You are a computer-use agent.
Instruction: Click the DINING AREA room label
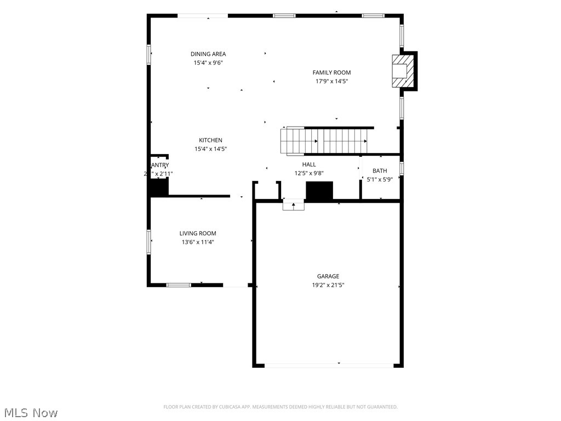coord(208,54)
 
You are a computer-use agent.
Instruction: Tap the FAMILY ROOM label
coord(331,72)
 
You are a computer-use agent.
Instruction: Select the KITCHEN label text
coord(210,140)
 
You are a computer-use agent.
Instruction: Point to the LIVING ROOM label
coord(198,233)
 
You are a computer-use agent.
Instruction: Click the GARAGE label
coord(328,276)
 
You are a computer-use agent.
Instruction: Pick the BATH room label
coord(380,171)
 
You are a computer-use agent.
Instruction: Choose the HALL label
coord(309,164)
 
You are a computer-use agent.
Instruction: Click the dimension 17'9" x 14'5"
coord(331,81)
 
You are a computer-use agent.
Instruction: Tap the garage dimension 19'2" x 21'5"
coord(328,285)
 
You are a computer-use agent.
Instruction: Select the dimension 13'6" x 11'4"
coord(198,242)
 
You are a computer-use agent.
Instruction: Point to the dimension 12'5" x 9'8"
coord(309,173)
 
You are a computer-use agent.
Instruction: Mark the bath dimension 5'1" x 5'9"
coord(380,179)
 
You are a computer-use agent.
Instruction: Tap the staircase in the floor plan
coord(325,141)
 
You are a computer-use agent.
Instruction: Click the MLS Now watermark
coord(30,412)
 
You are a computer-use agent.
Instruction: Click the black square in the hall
coord(319,191)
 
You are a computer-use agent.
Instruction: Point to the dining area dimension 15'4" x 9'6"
coord(208,62)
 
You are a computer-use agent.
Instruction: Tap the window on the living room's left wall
coord(148,242)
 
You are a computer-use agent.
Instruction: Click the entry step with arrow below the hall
coord(293,205)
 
